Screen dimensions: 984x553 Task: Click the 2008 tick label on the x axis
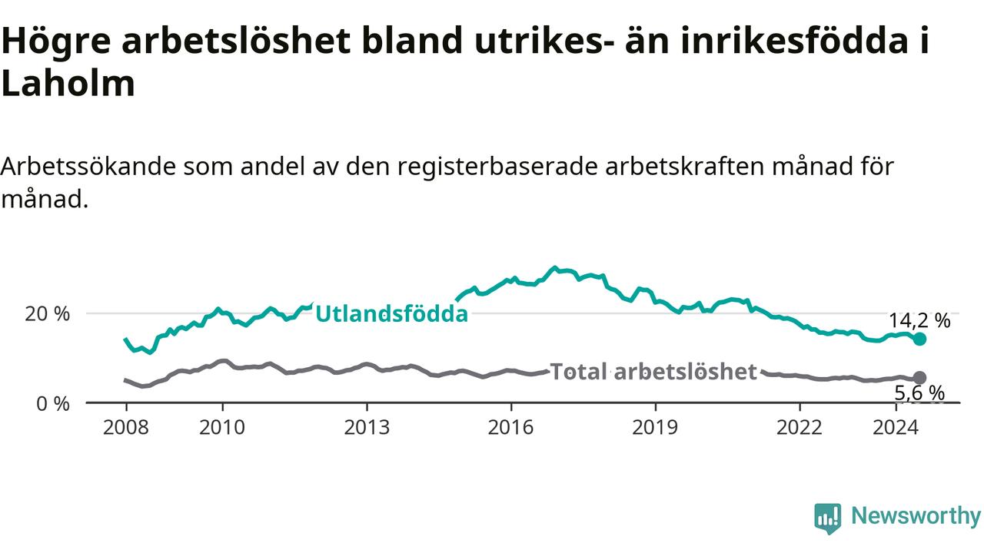(x=125, y=428)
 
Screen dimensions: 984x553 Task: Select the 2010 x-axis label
(x=222, y=428)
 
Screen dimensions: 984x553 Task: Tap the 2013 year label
(x=367, y=428)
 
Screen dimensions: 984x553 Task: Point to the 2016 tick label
(x=511, y=428)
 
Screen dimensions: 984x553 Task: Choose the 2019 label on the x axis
(x=655, y=428)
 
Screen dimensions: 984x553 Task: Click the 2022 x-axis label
(x=799, y=428)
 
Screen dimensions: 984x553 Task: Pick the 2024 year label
(x=896, y=428)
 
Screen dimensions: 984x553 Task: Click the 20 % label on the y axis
(x=48, y=314)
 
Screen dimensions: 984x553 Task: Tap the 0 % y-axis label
(x=53, y=404)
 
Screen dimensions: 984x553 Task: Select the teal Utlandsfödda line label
(x=392, y=314)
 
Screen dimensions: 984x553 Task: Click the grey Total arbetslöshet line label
(x=653, y=372)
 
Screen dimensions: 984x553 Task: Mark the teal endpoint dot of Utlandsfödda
(x=919, y=339)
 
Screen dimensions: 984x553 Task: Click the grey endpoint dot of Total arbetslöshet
(x=919, y=377)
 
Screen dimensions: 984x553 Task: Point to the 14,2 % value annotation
(x=919, y=321)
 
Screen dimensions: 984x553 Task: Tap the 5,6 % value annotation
(x=919, y=393)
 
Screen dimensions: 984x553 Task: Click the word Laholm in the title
(x=68, y=83)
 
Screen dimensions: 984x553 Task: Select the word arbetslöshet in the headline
(x=236, y=41)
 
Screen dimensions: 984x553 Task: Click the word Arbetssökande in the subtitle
(x=88, y=167)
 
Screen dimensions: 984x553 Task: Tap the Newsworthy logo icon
(x=828, y=518)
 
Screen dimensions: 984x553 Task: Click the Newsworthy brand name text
(x=916, y=516)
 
